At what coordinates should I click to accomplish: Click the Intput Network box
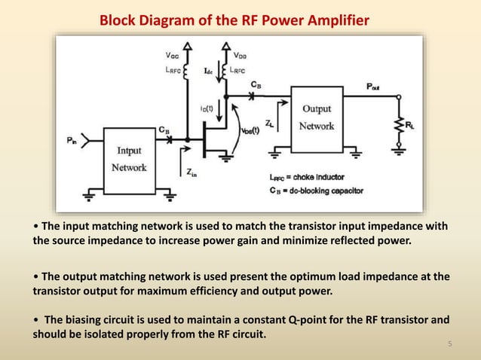[x=129, y=160]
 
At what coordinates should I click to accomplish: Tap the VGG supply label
[x=172, y=55]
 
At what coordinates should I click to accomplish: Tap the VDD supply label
[x=238, y=55]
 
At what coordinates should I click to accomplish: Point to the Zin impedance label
[x=192, y=172]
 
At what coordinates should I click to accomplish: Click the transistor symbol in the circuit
[x=210, y=140]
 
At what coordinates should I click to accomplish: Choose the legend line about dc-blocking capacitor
[x=316, y=191]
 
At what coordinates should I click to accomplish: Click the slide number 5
[x=449, y=345]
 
